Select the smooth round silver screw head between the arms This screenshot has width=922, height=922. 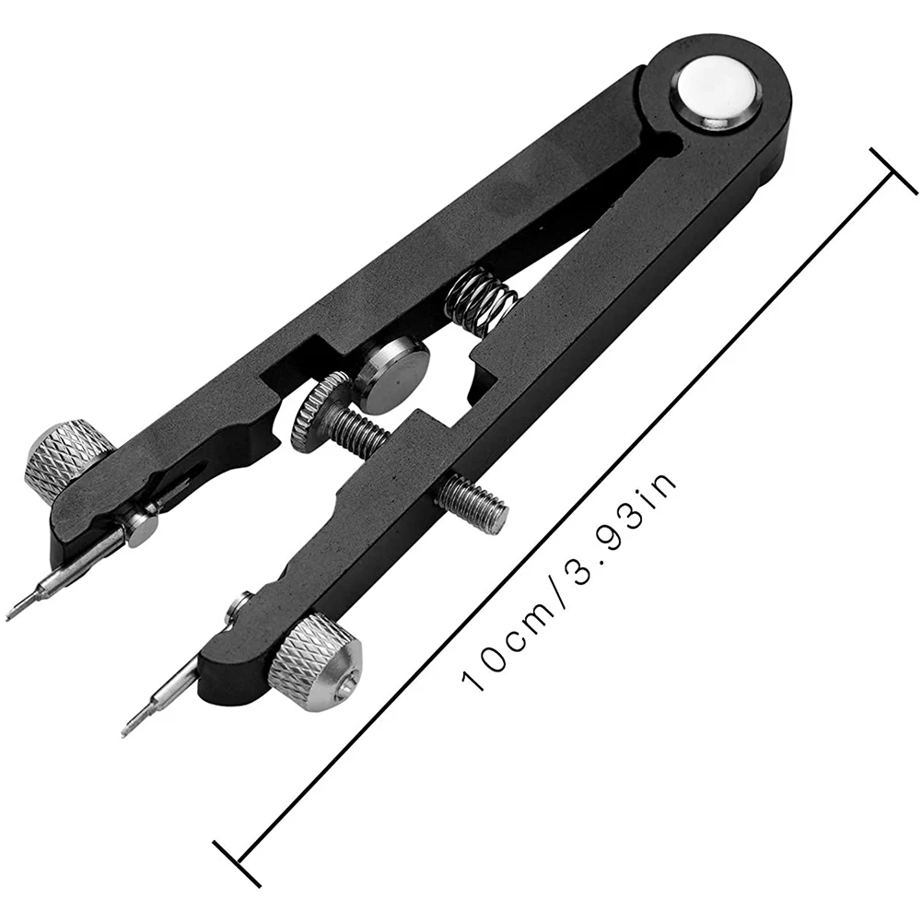[x=391, y=374]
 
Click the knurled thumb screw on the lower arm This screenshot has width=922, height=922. [x=315, y=662]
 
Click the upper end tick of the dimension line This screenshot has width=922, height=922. [x=892, y=170]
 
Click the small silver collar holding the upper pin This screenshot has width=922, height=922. [x=140, y=529]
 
